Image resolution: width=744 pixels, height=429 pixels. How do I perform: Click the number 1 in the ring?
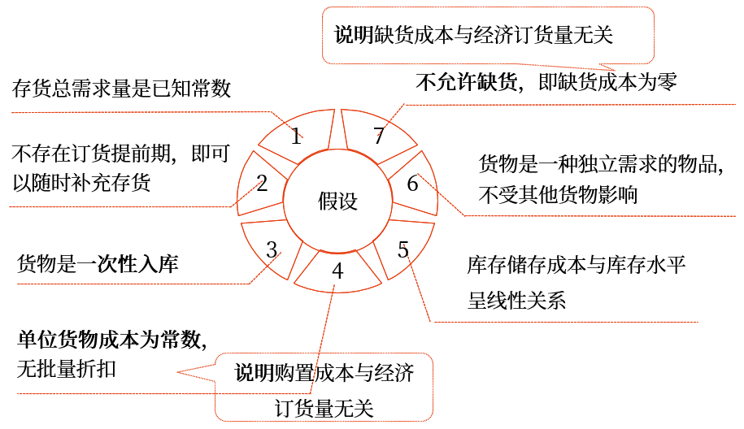click(297, 135)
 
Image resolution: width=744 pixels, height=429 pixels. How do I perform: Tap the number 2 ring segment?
click(262, 183)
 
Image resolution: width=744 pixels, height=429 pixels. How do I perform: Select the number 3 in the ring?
click(272, 249)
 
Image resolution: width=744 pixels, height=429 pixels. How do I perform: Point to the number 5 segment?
click(403, 249)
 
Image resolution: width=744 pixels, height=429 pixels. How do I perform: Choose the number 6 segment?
click(412, 184)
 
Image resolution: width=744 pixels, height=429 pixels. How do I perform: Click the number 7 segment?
click(378, 136)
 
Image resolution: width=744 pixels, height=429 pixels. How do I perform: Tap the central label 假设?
click(337, 201)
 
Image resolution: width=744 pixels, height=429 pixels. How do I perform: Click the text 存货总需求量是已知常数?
click(122, 88)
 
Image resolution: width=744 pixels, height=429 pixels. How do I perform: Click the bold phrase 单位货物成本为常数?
click(106, 340)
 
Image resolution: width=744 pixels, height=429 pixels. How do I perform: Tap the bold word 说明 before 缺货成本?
click(354, 35)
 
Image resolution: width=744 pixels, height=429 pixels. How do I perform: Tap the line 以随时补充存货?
click(81, 183)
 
